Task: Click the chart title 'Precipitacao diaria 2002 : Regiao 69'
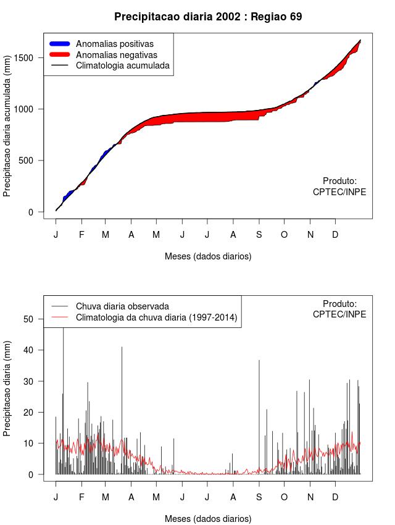click(x=208, y=17)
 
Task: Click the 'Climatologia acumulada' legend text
click(x=122, y=65)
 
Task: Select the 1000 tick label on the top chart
click(x=31, y=109)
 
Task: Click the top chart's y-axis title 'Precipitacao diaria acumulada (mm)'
click(x=7, y=130)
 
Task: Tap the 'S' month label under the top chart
click(x=259, y=235)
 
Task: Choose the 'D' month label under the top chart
click(x=335, y=235)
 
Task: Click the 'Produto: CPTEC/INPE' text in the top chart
click(x=339, y=187)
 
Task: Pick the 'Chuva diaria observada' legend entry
click(x=122, y=306)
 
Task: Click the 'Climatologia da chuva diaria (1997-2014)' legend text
click(x=156, y=317)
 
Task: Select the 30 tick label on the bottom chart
click(x=35, y=381)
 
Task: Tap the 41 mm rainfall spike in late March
click(x=122, y=408)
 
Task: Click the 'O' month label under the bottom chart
click(x=284, y=497)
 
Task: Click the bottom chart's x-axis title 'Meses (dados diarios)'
click(x=208, y=519)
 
